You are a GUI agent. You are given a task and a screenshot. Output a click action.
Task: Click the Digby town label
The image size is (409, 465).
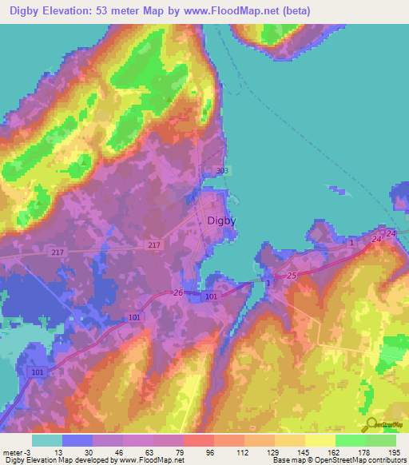[221, 221]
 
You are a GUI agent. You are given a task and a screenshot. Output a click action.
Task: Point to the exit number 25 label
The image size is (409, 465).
[292, 276]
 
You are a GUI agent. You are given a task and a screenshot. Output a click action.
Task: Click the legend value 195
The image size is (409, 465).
[394, 451]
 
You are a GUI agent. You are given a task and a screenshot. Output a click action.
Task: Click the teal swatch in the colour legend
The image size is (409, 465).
[46, 439]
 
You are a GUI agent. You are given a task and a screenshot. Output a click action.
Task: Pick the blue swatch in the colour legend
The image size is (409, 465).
[77, 439]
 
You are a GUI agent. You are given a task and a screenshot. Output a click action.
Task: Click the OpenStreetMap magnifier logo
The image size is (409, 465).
[370, 423]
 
